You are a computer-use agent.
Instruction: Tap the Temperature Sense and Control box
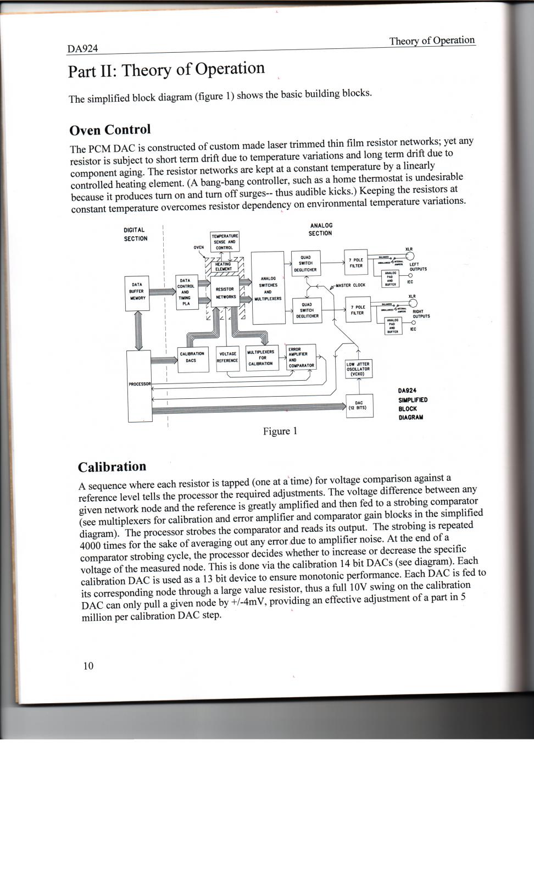pos(224,242)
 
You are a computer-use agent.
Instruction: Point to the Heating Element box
pos(223,266)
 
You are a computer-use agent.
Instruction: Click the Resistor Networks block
pos(225,293)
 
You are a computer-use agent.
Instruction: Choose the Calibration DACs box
pos(192,358)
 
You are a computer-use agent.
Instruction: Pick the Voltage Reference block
pos(227,358)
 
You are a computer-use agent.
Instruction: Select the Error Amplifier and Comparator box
pos(301,357)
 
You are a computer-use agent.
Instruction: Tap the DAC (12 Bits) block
pos(359,405)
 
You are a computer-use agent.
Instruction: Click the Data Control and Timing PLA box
pos(186,292)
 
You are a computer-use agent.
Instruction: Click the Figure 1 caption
pos(280,431)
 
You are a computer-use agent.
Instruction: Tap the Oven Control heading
pos(110,130)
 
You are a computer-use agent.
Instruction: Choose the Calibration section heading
pos(112,467)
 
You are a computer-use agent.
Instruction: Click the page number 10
pos(88,666)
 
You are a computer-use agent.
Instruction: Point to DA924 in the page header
pos(82,49)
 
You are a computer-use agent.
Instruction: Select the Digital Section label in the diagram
pos(135,234)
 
